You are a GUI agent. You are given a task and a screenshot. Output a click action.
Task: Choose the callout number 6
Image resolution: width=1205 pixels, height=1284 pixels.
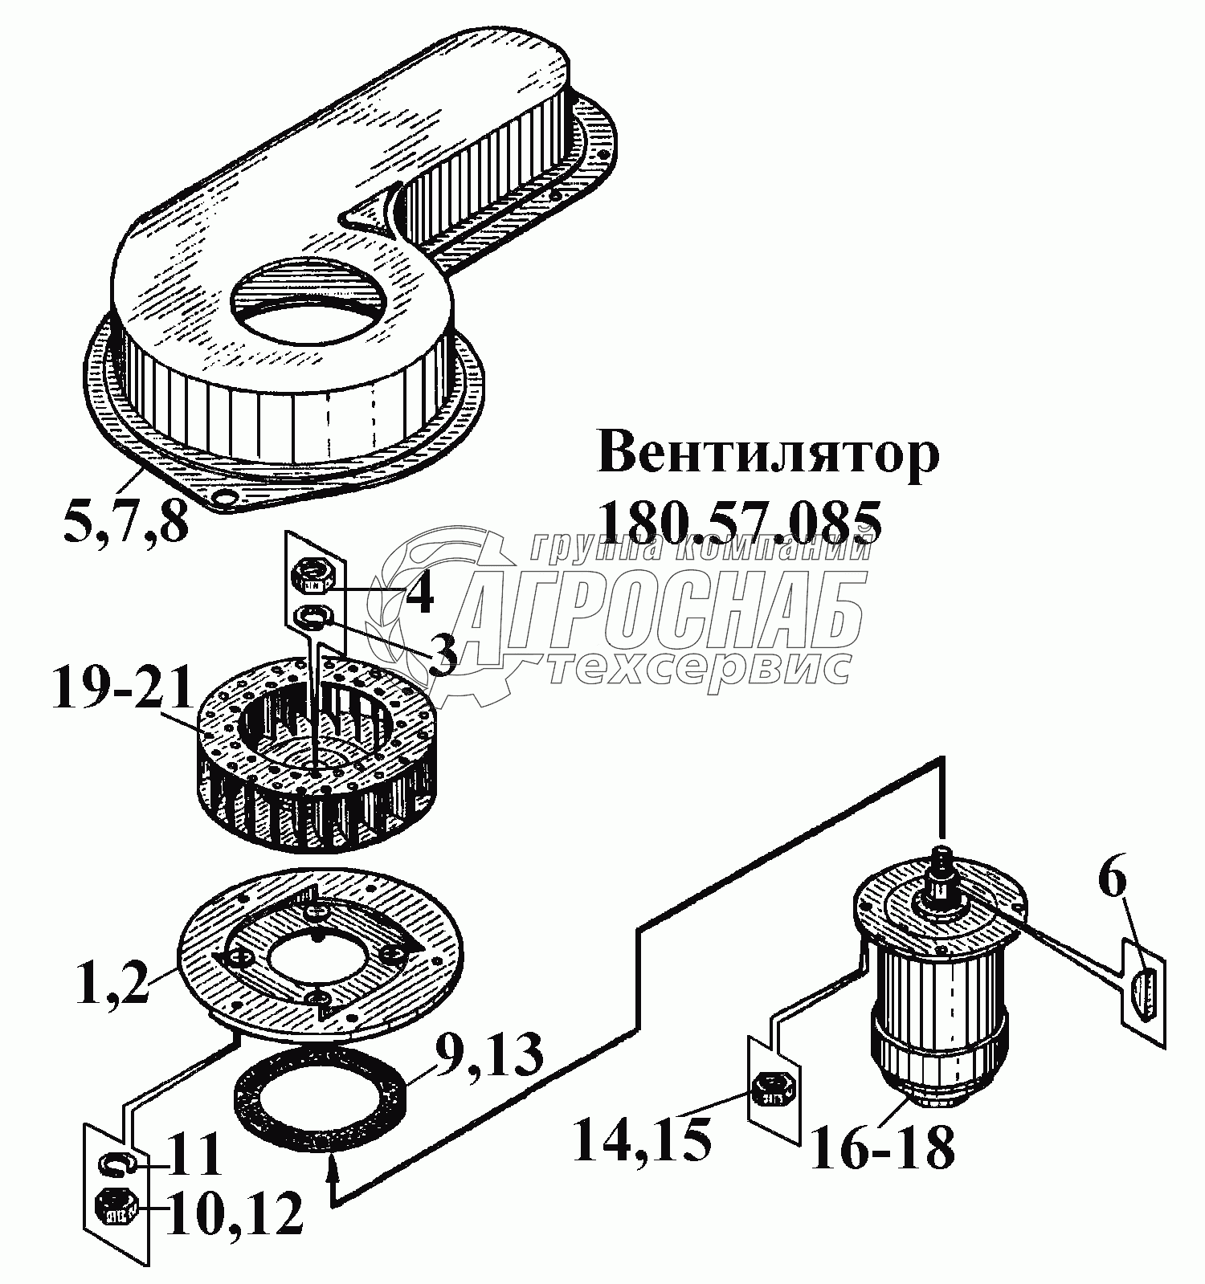click(1112, 882)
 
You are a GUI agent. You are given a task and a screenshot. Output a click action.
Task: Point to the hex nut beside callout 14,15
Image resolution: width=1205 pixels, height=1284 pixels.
click(774, 1090)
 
